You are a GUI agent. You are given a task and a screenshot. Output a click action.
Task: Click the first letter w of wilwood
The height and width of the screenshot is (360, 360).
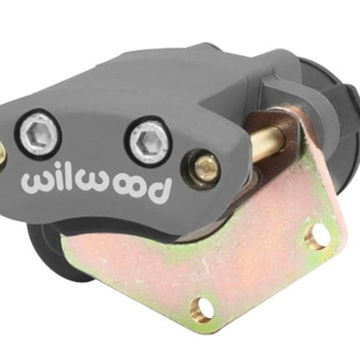(36, 183)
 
